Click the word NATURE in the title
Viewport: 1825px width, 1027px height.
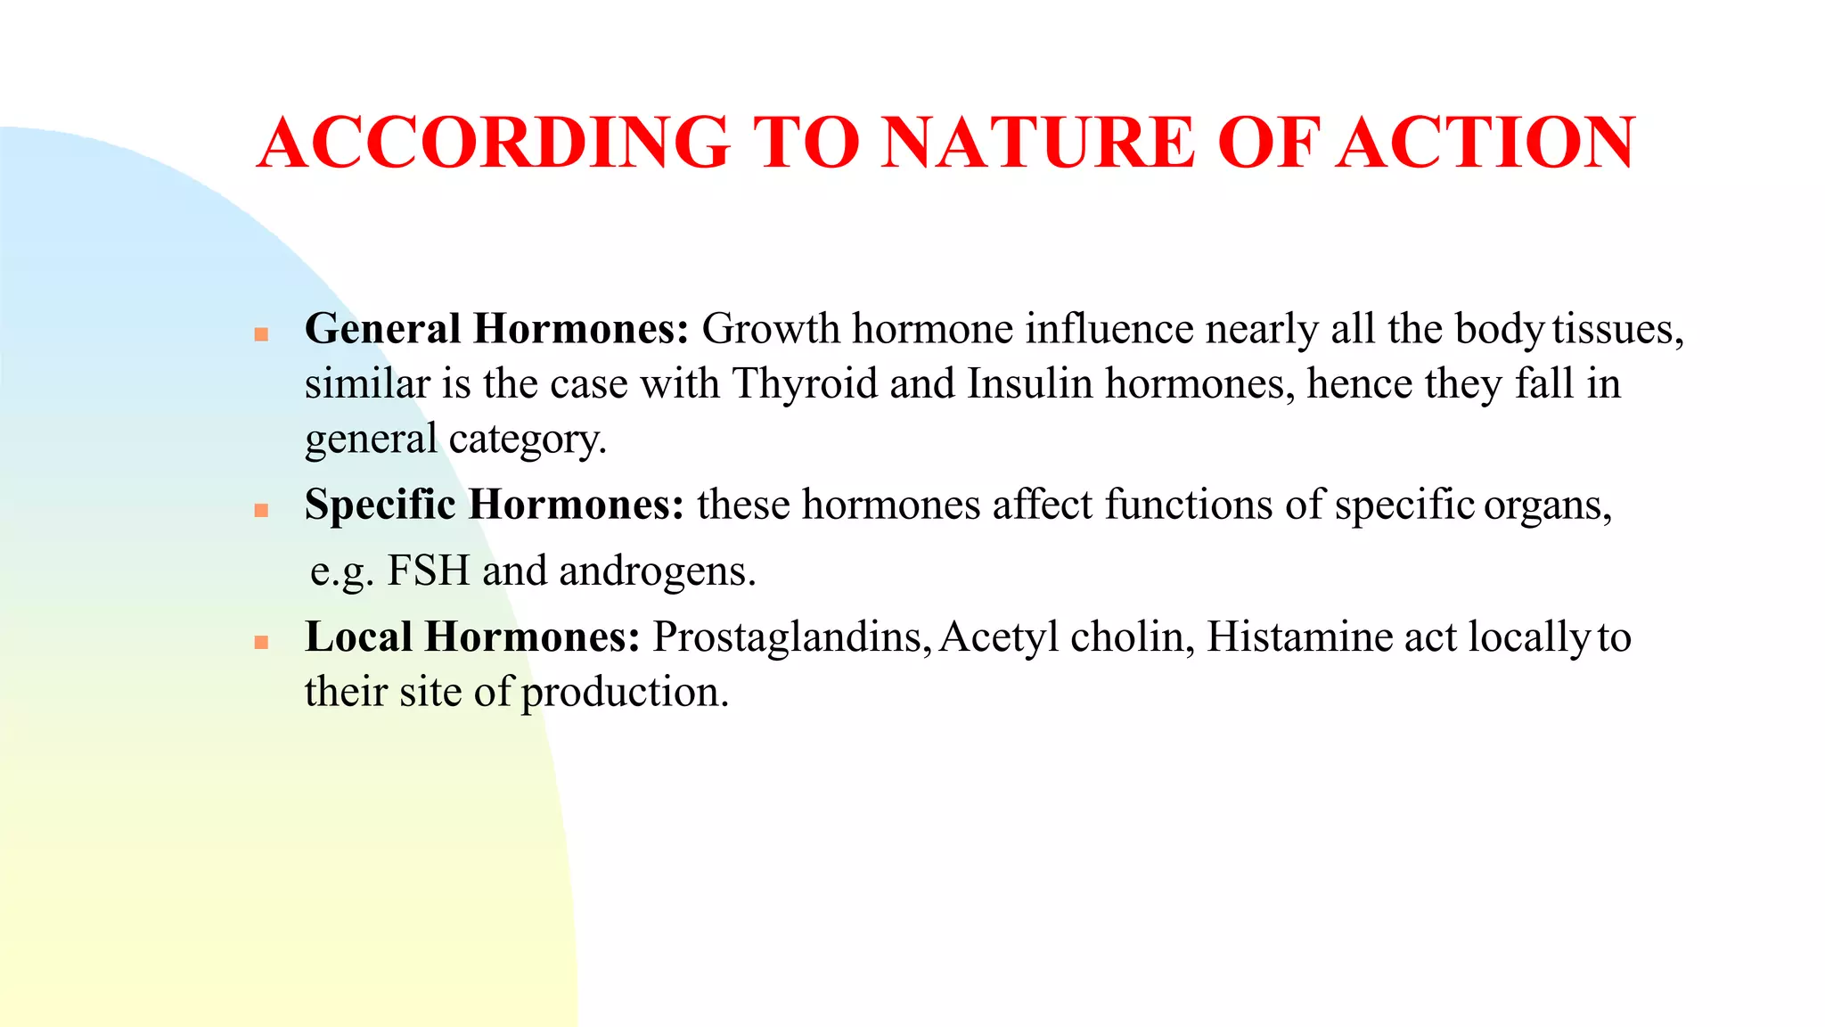[1038, 143]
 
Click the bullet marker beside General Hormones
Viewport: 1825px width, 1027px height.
[261, 334]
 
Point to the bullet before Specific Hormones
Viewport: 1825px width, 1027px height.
[261, 511]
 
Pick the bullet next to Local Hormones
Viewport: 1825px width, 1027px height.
[261, 642]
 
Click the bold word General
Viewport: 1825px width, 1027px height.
[382, 329]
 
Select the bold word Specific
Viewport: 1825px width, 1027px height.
[380, 505]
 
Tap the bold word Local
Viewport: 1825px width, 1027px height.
[358, 637]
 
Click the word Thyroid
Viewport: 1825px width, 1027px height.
[805, 384]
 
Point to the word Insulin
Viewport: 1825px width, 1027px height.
[1029, 384]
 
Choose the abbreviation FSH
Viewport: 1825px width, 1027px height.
[428, 571]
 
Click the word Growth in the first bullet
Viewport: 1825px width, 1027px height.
[770, 329]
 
